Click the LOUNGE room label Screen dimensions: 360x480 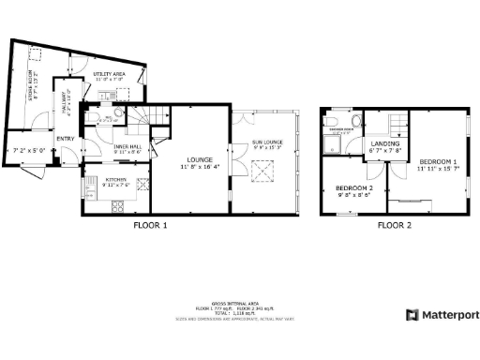click(199, 160)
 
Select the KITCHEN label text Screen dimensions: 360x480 click(116, 179)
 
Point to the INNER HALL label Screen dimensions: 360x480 click(127, 147)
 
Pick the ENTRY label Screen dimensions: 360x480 click(65, 140)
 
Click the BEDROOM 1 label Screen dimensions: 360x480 click(438, 162)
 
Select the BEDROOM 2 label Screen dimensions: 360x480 click(355, 189)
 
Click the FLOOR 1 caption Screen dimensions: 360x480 click(150, 226)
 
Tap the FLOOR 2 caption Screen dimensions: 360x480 click(394, 226)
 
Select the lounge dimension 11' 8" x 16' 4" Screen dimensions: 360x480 click(199, 168)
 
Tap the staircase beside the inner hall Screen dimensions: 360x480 click(146, 120)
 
